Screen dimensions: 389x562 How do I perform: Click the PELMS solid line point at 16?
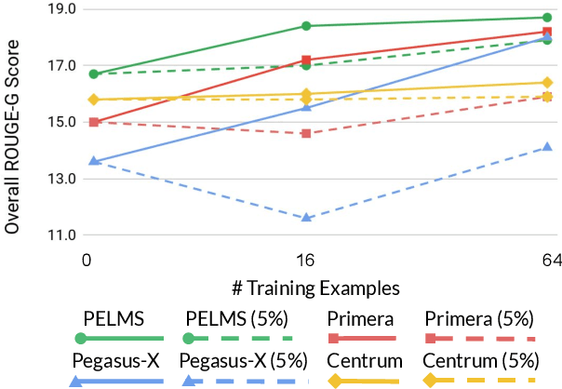pyautogui.click(x=306, y=26)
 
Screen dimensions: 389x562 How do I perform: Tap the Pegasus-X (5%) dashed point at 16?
pyautogui.click(x=306, y=218)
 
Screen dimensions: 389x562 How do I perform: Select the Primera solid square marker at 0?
pyautogui.click(x=87, y=122)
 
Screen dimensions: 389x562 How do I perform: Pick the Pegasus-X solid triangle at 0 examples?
pyautogui.click(x=87, y=161)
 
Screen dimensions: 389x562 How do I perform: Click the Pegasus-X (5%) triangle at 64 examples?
pyautogui.click(x=547, y=146)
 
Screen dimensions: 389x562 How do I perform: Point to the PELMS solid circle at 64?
pyautogui.click(x=547, y=18)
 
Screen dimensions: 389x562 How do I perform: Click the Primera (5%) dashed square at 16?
pyautogui.click(x=306, y=133)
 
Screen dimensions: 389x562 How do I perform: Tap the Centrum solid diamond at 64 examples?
pyautogui.click(x=547, y=83)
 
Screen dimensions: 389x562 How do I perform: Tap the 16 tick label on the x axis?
pyautogui.click(x=306, y=260)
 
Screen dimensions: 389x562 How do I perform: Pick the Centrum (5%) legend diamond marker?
pyautogui.click(x=429, y=381)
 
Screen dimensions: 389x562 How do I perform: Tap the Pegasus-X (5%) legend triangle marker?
pyautogui.click(x=189, y=381)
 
